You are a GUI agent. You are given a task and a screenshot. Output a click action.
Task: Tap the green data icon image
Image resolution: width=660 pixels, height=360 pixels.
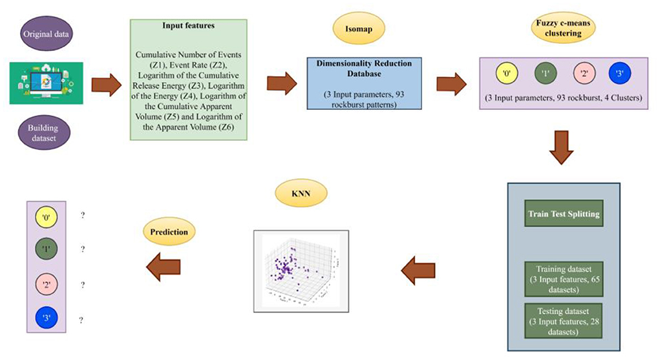46,83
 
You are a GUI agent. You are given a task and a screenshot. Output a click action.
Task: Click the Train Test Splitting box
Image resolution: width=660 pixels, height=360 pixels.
563,214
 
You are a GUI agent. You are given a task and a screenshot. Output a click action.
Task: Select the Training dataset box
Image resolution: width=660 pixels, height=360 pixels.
563,278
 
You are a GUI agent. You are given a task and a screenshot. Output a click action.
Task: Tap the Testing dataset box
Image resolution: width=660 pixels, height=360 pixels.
563,319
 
